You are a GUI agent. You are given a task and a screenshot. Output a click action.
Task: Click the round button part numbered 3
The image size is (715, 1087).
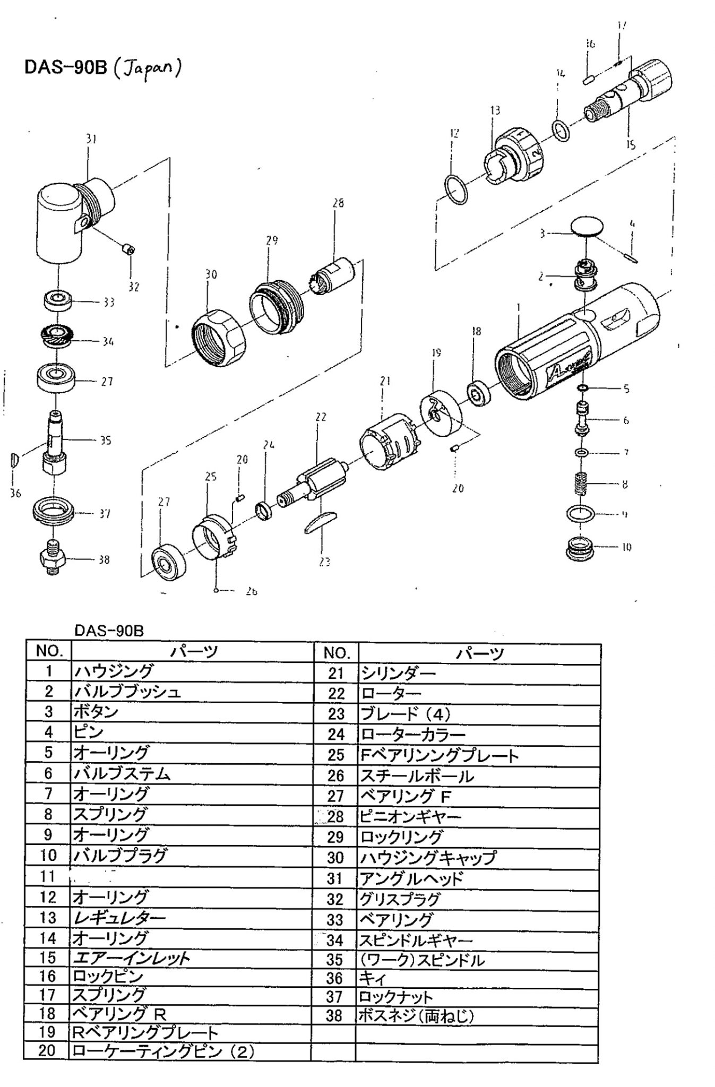[x=587, y=227]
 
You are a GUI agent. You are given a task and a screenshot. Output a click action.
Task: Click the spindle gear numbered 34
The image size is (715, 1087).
[x=55, y=338]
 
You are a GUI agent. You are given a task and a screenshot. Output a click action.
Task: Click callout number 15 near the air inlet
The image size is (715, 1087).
[x=630, y=144]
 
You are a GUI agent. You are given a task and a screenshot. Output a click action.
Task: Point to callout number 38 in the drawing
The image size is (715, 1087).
[x=104, y=559]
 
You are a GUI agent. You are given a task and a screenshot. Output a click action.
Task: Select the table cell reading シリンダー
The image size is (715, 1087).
[x=398, y=673]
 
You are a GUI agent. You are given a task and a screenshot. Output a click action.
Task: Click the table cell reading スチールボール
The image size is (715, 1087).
[x=417, y=776]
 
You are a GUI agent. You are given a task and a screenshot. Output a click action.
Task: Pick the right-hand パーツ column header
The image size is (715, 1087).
[x=479, y=653]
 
